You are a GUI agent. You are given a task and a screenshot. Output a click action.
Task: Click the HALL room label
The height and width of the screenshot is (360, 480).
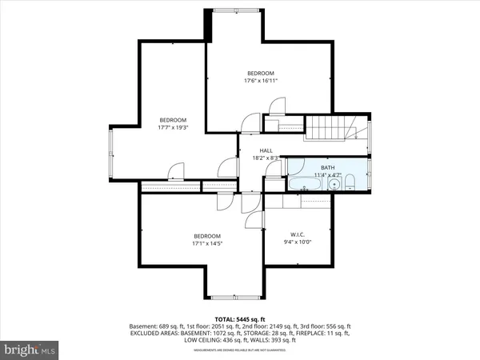(x=266, y=150)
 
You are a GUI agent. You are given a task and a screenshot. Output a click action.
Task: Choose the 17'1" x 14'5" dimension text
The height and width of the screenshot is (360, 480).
(x=206, y=243)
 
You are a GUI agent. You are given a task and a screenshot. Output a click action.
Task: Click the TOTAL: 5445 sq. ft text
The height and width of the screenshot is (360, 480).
(x=240, y=319)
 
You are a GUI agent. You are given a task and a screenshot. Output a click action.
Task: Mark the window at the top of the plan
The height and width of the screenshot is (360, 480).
(x=238, y=10)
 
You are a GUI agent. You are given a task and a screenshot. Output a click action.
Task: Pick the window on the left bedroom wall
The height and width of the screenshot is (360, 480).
(x=112, y=153)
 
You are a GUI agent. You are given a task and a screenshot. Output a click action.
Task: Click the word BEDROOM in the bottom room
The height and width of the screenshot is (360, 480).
(x=206, y=235)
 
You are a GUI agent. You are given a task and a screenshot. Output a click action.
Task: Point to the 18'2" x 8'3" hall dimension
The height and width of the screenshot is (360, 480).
(x=266, y=158)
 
